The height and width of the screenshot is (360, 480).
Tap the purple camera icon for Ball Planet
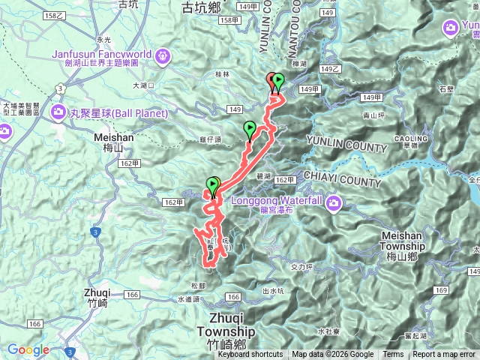coord(58,112)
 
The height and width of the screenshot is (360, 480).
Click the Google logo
coord(28,349)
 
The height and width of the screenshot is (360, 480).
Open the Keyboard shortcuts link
coord(250,355)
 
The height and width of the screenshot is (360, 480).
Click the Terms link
coord(393,355)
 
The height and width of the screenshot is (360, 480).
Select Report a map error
coord(444,355)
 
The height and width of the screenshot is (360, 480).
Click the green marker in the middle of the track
coord(250,130)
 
